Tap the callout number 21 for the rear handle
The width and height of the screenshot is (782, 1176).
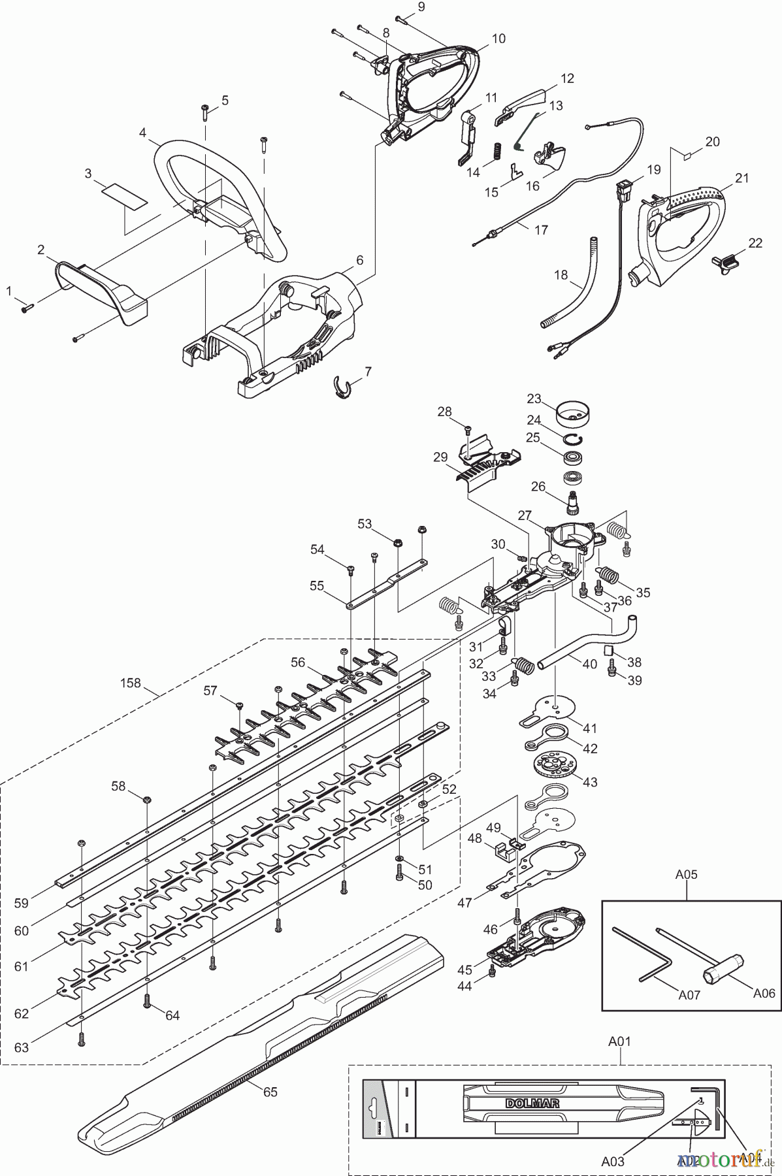coord(741,178)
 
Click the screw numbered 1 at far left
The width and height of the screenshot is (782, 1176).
coord(26,308)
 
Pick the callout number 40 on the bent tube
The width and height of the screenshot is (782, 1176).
coord(589,664)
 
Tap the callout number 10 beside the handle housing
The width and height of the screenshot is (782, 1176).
coord(498,39)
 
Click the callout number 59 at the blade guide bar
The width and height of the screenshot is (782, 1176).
coord(22,904)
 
